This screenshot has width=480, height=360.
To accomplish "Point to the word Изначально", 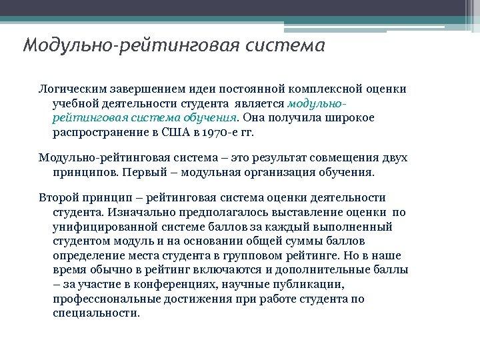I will click(137, 212).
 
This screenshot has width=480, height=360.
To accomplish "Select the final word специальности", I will click(96, 313).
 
